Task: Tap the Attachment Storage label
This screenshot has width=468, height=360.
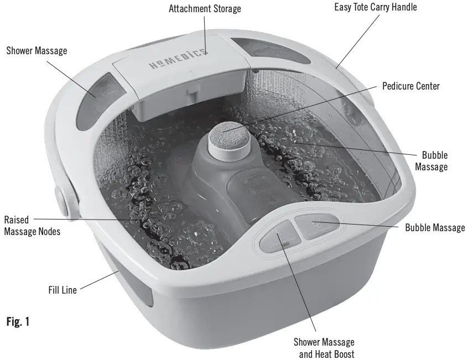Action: (205, 9)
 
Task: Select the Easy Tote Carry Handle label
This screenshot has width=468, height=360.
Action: (376, 8)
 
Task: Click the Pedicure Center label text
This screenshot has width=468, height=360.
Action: (411, 86)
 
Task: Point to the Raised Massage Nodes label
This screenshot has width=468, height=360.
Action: (32, 226)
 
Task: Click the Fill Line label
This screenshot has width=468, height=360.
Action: (61, 289)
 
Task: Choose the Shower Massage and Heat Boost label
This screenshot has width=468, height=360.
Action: (324, 348)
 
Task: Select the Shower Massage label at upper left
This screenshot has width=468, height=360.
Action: (37, 51)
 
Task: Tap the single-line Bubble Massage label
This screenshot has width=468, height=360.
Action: (435, 227)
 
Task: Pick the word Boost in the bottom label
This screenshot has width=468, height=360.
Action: (341, 353)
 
